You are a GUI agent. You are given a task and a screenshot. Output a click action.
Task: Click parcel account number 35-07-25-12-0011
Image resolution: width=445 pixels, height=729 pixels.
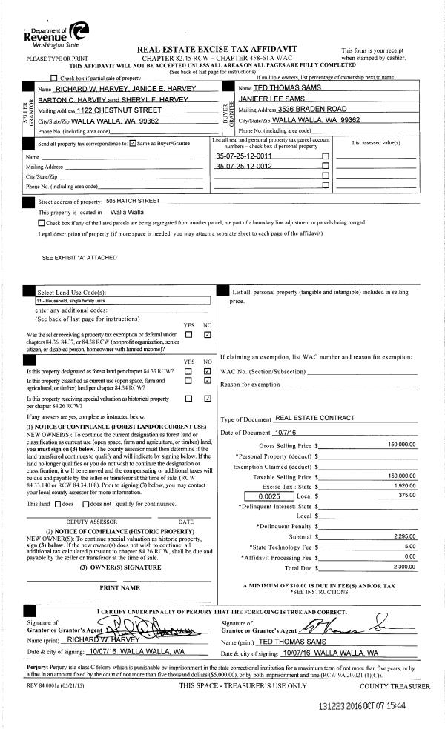pyautogui.click(x=243, y=156)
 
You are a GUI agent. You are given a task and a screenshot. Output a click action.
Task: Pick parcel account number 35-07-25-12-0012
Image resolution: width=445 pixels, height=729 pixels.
pyautogui.click(x=243, y=167)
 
